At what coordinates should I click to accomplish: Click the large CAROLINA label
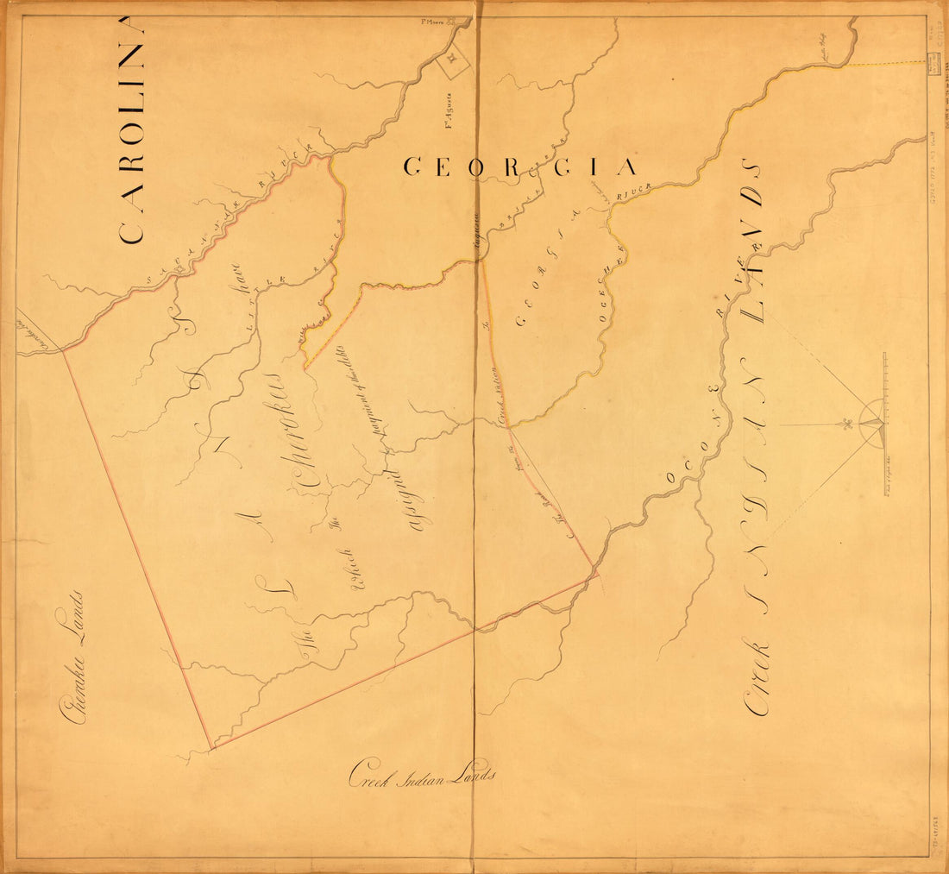click(131, 129)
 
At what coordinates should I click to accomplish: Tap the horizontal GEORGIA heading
click(521, 167)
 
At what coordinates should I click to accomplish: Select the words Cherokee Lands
click(72, 656)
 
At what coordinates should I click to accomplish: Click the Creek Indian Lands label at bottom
click(423, 774)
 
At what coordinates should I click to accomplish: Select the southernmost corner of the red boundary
click(211, 747)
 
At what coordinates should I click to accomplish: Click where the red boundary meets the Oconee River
click(594, 570)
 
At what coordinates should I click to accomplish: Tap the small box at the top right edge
click(933, 62)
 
